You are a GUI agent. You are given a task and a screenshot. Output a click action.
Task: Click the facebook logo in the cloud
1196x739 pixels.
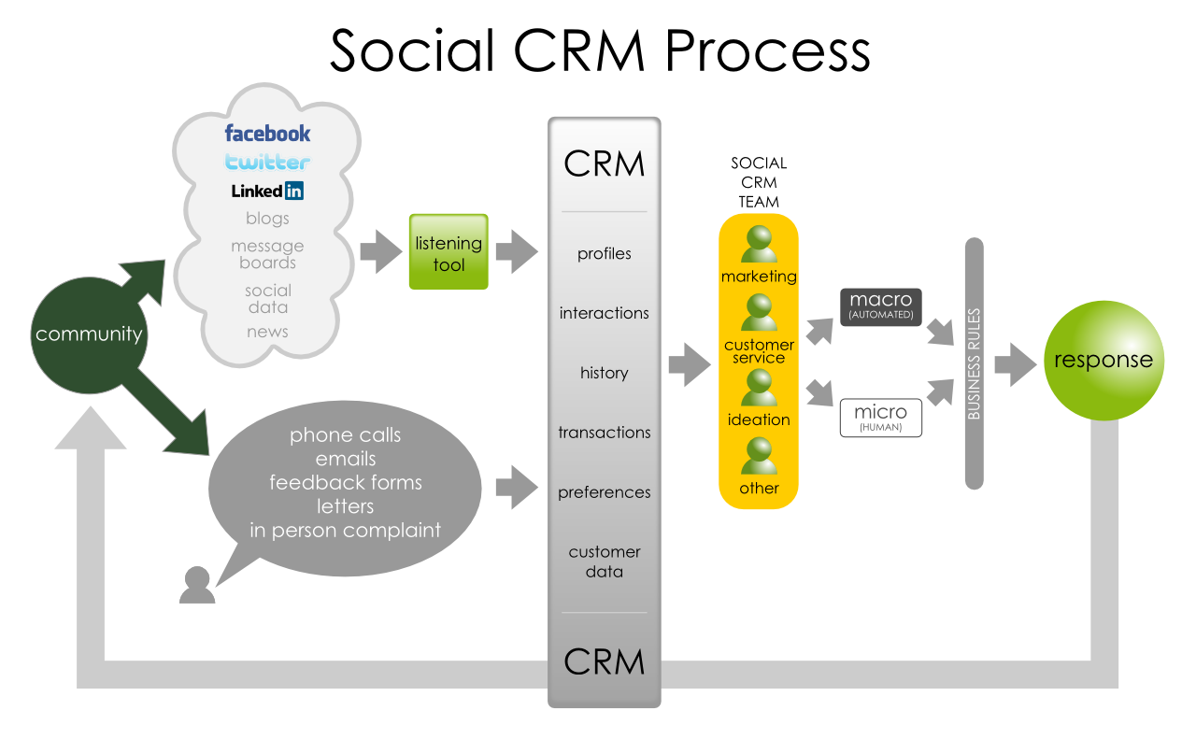[267, 134]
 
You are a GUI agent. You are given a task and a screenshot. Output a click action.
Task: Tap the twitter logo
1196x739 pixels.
[267, 162]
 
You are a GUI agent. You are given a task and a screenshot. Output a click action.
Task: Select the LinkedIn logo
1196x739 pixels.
[267, 191]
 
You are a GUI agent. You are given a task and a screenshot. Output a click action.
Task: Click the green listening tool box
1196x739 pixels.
[448, 251]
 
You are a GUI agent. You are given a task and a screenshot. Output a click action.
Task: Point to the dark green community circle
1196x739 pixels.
[88, 334]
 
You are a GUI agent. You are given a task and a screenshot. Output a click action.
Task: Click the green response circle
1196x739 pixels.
[1103, 361]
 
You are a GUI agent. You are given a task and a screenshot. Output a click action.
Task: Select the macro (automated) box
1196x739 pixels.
[880, 306]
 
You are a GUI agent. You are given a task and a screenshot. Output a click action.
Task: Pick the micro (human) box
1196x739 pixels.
[880, 418]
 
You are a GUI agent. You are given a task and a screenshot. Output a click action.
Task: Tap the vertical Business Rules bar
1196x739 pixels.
[974, 363]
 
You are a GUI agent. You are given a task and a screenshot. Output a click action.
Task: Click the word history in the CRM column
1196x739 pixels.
[604, 373]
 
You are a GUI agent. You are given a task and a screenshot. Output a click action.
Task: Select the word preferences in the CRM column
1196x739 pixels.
[604, 492]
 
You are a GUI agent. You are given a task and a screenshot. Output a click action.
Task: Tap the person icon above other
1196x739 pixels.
[759, 457]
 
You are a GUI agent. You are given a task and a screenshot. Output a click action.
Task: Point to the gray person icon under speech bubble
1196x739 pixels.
[196, 585]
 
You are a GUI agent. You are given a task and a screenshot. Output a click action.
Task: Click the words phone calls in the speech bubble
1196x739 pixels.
[346, 435]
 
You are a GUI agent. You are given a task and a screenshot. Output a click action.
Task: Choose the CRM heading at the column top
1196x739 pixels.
[604, 164]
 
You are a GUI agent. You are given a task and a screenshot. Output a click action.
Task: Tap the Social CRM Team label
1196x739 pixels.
[759, 182]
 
